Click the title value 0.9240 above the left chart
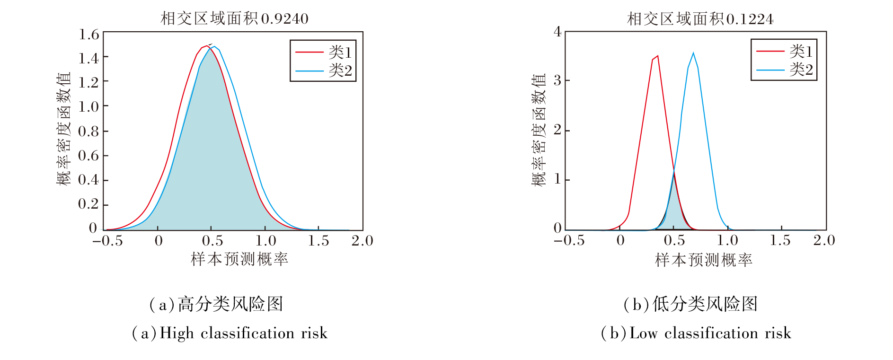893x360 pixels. (x=284, y=19)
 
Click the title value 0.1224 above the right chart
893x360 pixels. (x=750, y=19)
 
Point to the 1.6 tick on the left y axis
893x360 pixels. (x=89, y=35)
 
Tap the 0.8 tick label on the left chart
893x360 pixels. (x=89, y=131)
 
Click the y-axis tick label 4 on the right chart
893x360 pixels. (x=557, y=32)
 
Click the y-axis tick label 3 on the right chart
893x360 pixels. (x=557, y=80)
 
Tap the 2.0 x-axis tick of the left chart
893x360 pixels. (x=362, y=241)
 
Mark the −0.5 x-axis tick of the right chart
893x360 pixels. (x=569, y=240)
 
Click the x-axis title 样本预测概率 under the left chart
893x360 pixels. (x=239, y=259)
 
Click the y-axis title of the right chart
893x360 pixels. (x=539, y=130)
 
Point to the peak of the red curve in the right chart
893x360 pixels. (x=657, y=56)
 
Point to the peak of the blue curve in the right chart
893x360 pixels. (x=693, y=53)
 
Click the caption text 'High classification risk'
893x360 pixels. (x=243, y=333)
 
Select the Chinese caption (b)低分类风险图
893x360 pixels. (x=690, y=304)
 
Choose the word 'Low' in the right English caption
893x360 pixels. (x=644, y=333)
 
